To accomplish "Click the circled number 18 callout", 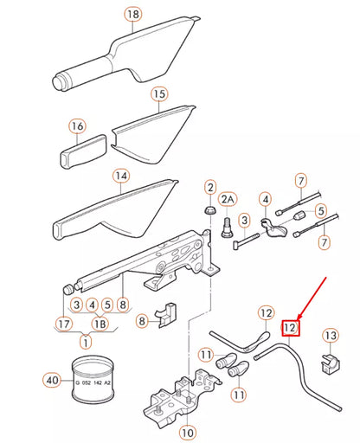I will pos(132,15).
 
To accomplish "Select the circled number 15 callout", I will pos(158,93).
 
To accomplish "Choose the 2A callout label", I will pos(228,200).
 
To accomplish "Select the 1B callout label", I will pos(100,323).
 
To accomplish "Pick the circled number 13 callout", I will pos(331,335).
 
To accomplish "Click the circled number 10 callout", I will pos(187,430).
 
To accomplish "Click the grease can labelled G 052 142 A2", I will pos(90,379).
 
